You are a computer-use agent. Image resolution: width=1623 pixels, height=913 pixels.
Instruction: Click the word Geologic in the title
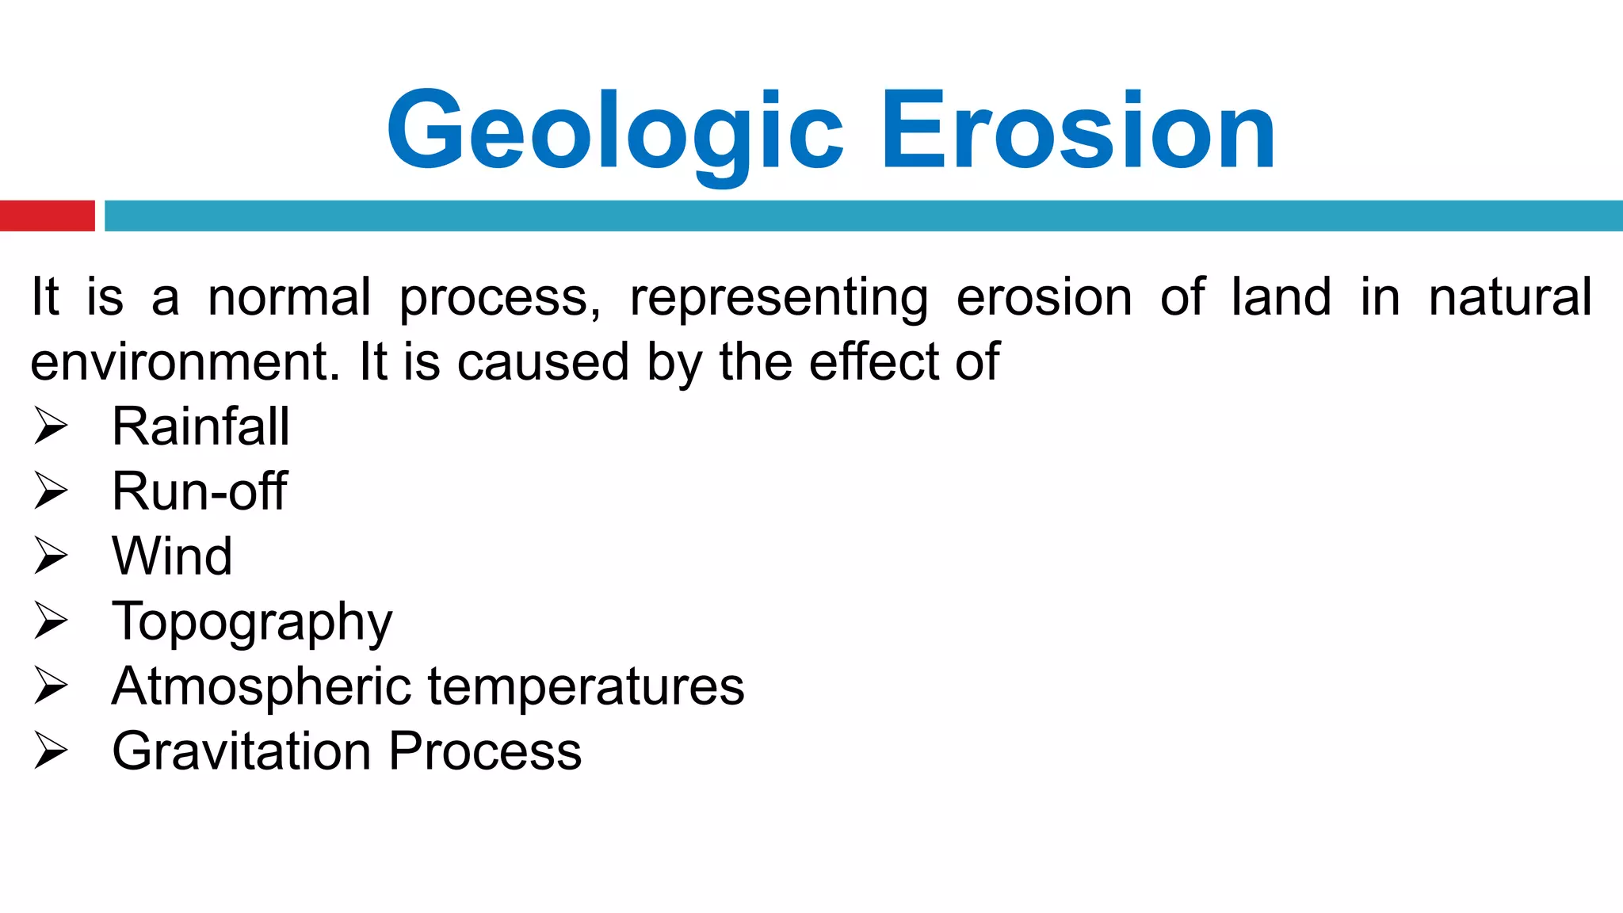pos(614,131)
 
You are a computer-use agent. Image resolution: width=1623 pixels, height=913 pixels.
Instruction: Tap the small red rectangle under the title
pos(47,216)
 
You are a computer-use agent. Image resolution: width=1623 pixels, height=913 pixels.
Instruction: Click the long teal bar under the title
pos(863,216)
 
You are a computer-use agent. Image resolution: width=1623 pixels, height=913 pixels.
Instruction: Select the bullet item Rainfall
pos(200,426)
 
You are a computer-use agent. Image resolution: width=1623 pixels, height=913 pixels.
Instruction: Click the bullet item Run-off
pos(199,491)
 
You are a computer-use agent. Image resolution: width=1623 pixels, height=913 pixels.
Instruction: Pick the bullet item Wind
pos(172,556)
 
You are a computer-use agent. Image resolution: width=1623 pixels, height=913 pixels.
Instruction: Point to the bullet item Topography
pos(252,622)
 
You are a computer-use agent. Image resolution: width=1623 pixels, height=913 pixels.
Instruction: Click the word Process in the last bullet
pos(485,751)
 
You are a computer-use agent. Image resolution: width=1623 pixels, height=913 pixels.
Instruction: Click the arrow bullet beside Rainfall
pos(52,426)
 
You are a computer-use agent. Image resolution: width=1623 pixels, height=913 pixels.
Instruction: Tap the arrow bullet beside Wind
pos(52,556)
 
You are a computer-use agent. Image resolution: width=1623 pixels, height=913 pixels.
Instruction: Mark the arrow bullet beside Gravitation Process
pos(52,751)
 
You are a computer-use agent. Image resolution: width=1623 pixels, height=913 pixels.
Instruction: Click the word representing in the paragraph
pos(779,298)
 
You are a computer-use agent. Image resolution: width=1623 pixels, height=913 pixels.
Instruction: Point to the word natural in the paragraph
pos(1510,297)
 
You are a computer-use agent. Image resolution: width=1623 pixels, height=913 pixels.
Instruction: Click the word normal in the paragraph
pos(289,297)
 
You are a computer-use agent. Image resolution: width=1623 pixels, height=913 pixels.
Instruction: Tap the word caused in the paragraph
pos(544,362)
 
